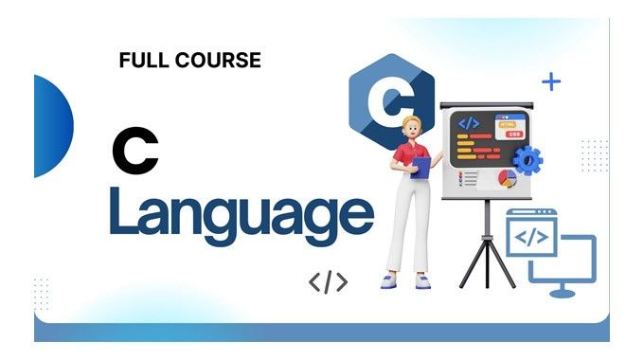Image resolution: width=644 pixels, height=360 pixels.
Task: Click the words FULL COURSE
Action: (x=190, y=61)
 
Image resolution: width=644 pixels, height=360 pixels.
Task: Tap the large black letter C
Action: (x=134, y=153)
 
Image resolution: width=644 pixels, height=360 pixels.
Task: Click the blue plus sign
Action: (x=551, y=81)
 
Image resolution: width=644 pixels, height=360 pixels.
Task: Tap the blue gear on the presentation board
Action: (x=527, y=159)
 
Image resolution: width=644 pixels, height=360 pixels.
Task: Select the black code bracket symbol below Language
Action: (x=328, y=281)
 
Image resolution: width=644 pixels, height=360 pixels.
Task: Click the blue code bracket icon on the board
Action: (x=469, y=122)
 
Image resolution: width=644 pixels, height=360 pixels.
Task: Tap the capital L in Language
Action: (x=123, y=211)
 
